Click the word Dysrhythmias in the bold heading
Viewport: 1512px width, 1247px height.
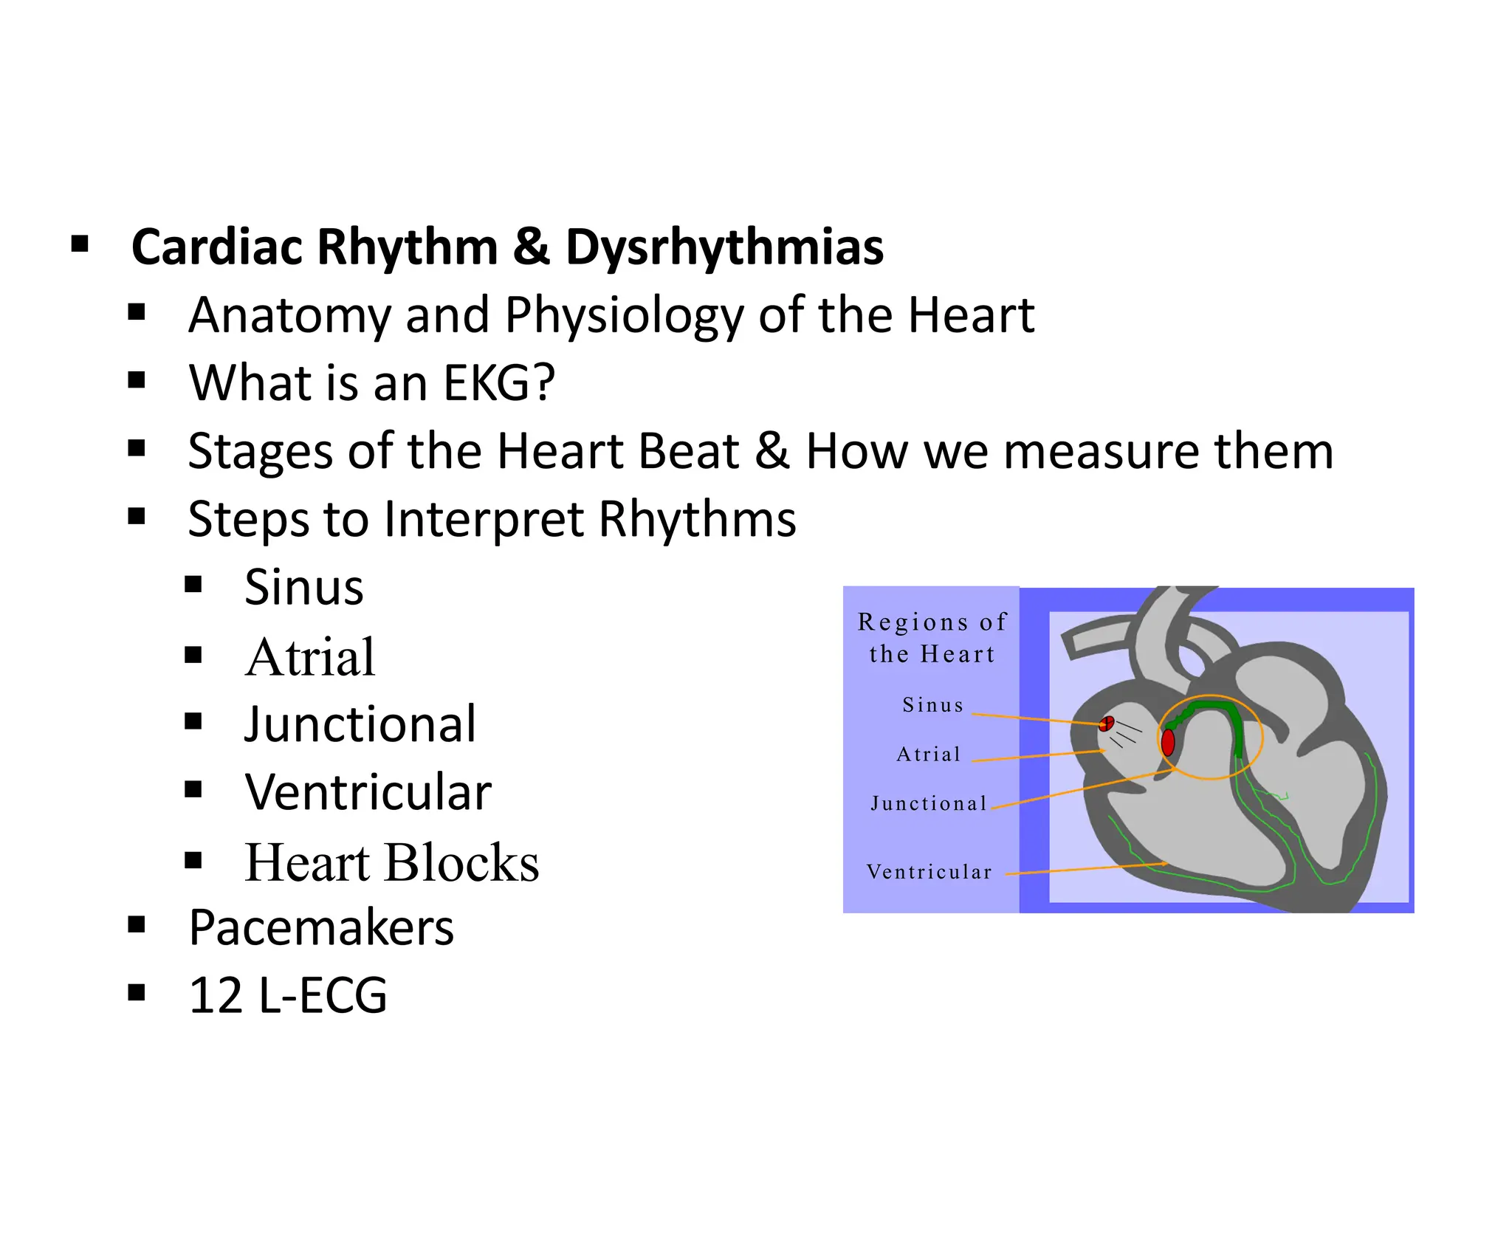point(724,247)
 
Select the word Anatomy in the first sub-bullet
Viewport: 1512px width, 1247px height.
point(289,315)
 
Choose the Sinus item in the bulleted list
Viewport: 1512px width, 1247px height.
point(303,588)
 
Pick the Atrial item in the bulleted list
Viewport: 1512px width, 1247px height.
point(310,657)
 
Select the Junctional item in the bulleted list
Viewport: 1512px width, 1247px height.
point(360,724)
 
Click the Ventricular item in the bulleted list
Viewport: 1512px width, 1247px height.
point(368,792)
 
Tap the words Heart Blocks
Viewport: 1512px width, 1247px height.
point(391,862)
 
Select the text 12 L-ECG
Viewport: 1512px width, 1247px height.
point(288,995)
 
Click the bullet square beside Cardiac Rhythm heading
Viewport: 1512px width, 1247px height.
point(80,244)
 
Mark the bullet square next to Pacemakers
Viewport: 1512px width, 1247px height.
point(137,924)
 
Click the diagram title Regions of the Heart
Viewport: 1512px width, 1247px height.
point(932,638)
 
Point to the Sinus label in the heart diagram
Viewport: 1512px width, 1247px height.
point(933,705)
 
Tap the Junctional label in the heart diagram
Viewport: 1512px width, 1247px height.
point(929,803)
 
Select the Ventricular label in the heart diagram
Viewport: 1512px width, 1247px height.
point(929,872)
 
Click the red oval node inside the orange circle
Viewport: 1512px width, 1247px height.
point(1168,742)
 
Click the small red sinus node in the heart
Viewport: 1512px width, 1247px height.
point(1107,723)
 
